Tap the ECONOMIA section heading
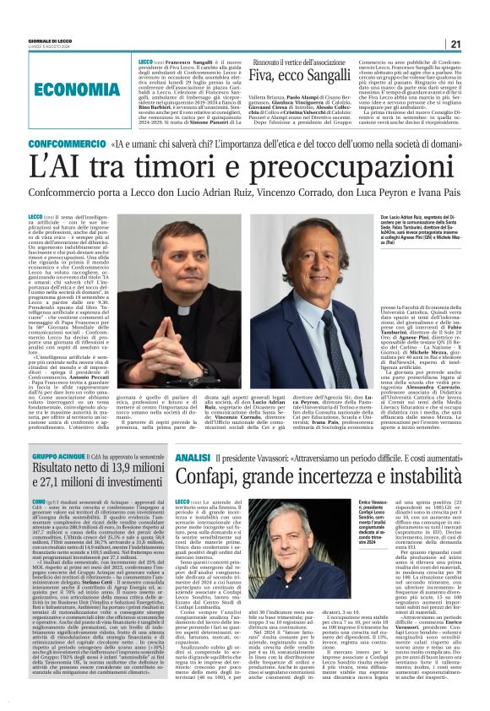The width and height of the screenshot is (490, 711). point(90,89)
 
